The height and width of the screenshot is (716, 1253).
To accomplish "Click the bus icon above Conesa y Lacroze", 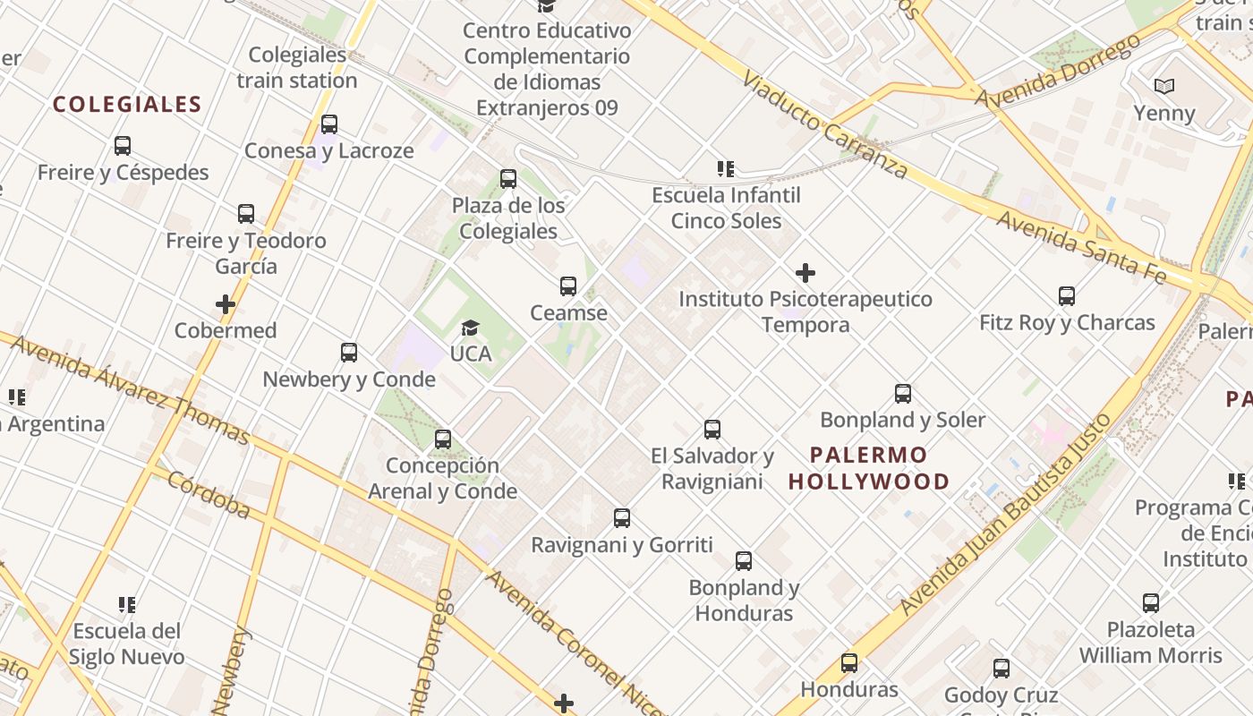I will coord(329,124).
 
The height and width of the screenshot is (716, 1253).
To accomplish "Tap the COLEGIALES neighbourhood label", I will coord(127,104).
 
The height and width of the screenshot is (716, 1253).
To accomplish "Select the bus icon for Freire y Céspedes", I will coord(123,146).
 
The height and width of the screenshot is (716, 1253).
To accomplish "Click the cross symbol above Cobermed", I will coord(226,304).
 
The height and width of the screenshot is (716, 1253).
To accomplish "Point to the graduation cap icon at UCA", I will coord(471,328).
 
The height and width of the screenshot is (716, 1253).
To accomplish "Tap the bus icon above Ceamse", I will coord(568,286).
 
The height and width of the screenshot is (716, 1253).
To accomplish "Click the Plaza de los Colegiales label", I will coord(508,218).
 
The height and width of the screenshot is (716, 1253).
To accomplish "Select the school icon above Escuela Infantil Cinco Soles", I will coord(726,169).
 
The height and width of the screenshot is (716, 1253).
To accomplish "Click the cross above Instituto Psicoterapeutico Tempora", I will coord(805,272).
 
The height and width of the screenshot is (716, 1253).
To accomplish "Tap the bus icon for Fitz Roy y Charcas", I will coord(1067,296).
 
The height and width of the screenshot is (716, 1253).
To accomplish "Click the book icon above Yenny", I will coord(1163,87).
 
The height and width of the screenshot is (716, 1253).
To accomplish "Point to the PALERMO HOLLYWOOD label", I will coord(869,468).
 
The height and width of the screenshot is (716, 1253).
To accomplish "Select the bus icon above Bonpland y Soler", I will coord(903,394).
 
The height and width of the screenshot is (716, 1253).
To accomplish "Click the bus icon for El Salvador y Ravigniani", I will coord(712,430).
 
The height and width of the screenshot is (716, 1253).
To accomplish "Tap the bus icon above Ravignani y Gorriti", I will coord(622,518).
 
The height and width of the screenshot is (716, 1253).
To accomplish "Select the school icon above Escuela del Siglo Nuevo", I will coord(127,605).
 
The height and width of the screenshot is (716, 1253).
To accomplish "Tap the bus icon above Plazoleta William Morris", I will coord(1151,603).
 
